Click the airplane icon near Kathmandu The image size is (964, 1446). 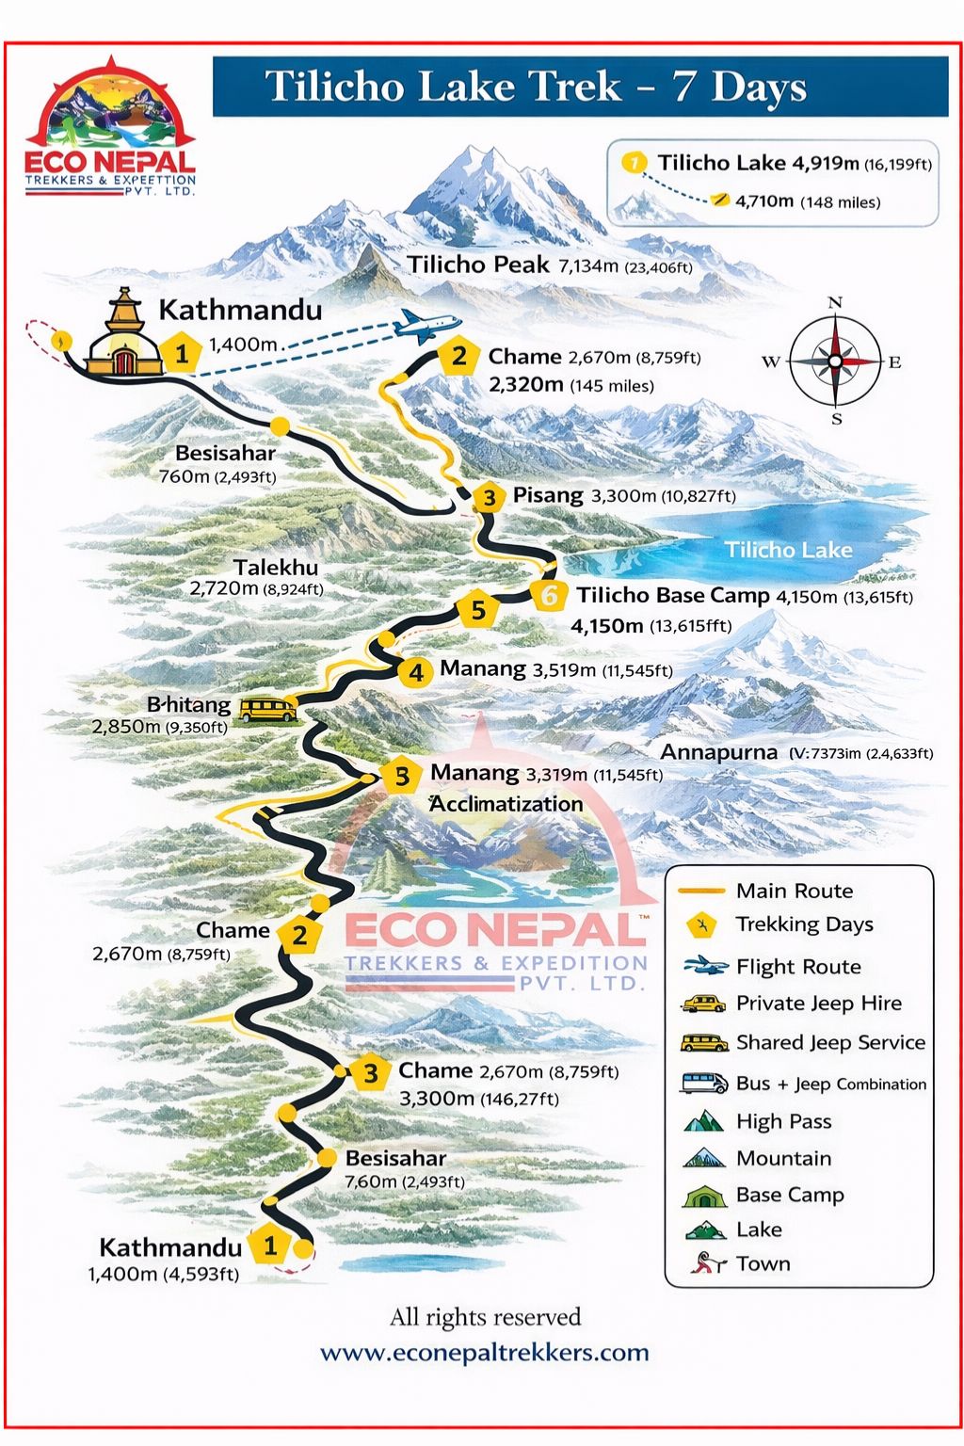click(x=426, y=325)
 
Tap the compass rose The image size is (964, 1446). click(x=834, y=361)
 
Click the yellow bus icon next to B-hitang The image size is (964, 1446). click(x=267, y=709)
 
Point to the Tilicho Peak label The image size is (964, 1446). click(x=477, y=265)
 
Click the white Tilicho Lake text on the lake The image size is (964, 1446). click(x=788, y=550)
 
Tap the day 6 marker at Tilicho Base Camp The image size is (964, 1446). click(x=549, y=595)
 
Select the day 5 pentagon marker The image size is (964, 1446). click(x=478, y=610)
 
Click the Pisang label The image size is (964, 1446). click(x=548, y=495)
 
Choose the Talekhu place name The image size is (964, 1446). click(x=276, y=568)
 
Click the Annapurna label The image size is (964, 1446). click(x=718, y=752)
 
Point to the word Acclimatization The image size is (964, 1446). click(x=506, y=804)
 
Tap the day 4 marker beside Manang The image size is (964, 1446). click(x=415, y=672)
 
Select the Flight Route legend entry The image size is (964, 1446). click(x=797, y=967)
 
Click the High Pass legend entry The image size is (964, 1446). click(x=783, y=1121)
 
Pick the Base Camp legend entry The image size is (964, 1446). click(x=789, y=1195)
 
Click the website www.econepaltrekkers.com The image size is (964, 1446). click(x=485, y=1353)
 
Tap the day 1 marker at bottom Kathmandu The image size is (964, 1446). click(x=270, y=1246)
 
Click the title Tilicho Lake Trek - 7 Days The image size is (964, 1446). click(x=536, y=87)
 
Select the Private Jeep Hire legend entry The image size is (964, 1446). click(x=818, y=1004)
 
